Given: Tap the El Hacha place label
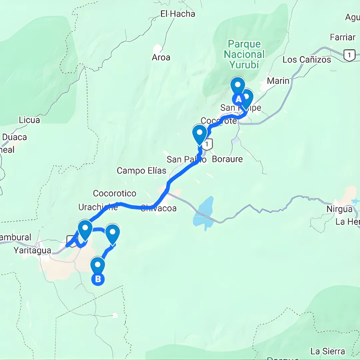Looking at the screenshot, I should (178, 14).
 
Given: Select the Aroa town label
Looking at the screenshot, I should (161, 57).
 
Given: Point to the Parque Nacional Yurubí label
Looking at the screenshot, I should (244, 54).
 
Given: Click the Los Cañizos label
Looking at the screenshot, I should (307, 60).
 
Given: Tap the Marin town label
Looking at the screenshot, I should (278, 81).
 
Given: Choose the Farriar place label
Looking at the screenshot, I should (342, 37).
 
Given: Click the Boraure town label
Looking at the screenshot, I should (227, 159).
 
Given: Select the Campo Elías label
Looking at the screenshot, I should (141, 171).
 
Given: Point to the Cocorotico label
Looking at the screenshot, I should (115, 193).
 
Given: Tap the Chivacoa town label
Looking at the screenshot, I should (158, 209).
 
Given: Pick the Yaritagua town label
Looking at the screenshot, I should (32, 250).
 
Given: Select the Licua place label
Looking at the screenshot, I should (29, 120).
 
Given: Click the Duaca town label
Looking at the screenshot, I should (14, 137).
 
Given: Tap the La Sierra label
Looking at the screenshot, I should (327, 351).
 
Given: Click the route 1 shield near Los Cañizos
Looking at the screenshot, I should (349, 55).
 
